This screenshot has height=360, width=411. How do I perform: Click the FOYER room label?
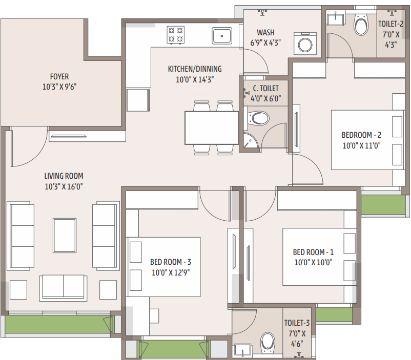click(x=59, y=76)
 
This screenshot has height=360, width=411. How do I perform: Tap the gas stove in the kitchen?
click(x=175, y=35)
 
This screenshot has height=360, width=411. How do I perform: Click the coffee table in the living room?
click(x=64, y=234)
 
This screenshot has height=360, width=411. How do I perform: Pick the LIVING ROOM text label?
click(x=64, y=176)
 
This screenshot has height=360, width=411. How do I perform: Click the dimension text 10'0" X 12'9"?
click(x=171, y=272)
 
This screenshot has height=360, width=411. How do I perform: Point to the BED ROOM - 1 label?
click(x=313, y=252)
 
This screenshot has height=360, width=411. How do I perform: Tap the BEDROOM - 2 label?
click(x=362, y=135)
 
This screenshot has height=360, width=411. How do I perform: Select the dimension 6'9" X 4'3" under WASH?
click(x=265, y=43)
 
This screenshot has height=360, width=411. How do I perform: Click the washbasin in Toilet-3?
click(x=242, y=350)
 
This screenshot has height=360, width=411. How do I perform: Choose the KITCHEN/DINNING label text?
click(x=195, y=69)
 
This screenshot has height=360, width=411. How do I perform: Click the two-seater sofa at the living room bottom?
click(x=64, y=287)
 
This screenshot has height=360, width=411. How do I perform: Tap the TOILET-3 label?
click(x=297, y=323)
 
